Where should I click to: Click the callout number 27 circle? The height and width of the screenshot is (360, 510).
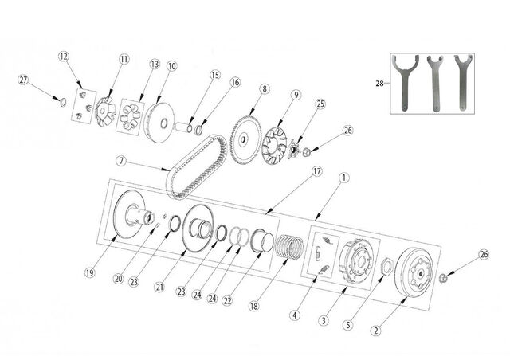[23, 80]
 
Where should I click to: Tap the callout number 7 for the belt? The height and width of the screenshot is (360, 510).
[121, 161]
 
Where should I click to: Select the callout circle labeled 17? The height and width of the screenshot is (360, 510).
[316, 171]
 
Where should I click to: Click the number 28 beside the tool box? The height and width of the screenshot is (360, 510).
[379, 84]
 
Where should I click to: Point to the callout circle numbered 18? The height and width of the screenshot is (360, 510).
[254, 306]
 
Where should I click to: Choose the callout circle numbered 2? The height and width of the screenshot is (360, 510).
[376, 331]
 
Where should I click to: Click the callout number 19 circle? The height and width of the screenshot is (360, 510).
[90, 272]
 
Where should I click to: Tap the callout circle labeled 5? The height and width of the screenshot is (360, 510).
[348, 325]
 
